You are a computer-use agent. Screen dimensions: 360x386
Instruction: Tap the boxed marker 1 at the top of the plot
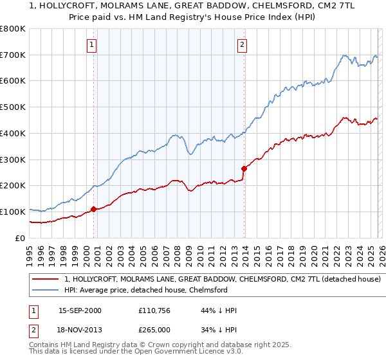pos(92,45)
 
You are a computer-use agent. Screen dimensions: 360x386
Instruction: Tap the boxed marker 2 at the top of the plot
pos(242,45)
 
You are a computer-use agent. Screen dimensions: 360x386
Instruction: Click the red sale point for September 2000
pos(94,209)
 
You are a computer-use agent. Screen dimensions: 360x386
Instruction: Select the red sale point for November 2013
pos(244,168)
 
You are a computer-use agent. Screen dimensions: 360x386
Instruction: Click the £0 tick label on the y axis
pos(21,238)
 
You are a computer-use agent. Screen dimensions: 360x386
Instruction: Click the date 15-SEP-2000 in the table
pos(80,310)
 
